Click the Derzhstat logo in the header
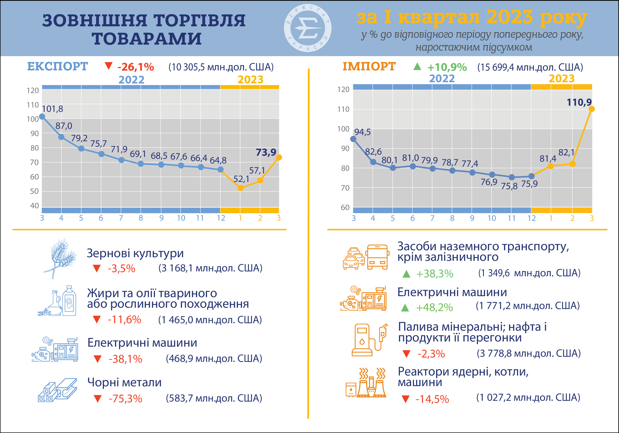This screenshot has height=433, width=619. coord(308,28)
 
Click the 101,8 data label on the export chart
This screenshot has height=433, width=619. coord(53,109)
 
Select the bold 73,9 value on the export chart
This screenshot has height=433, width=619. coord(266,152)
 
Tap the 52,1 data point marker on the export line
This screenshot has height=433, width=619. coord(241,188)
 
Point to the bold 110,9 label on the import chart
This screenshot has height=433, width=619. coord(579,102)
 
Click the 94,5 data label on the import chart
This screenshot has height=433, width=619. coord(362,132)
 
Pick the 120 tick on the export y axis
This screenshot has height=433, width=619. coord(33,90)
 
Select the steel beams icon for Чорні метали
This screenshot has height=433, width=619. coord(57,390)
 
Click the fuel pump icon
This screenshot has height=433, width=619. coord(369,340)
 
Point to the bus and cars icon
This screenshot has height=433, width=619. coord(366,257)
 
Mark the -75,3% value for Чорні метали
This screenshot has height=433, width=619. coord(125,398)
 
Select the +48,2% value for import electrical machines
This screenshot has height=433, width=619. coord(434,307)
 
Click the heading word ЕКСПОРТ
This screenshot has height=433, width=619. coord(57,66)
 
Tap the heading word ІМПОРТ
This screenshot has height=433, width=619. coord(369,66)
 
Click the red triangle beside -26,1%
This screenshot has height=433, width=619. coord(108,66)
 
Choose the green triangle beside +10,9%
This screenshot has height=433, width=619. coord(417,66)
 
